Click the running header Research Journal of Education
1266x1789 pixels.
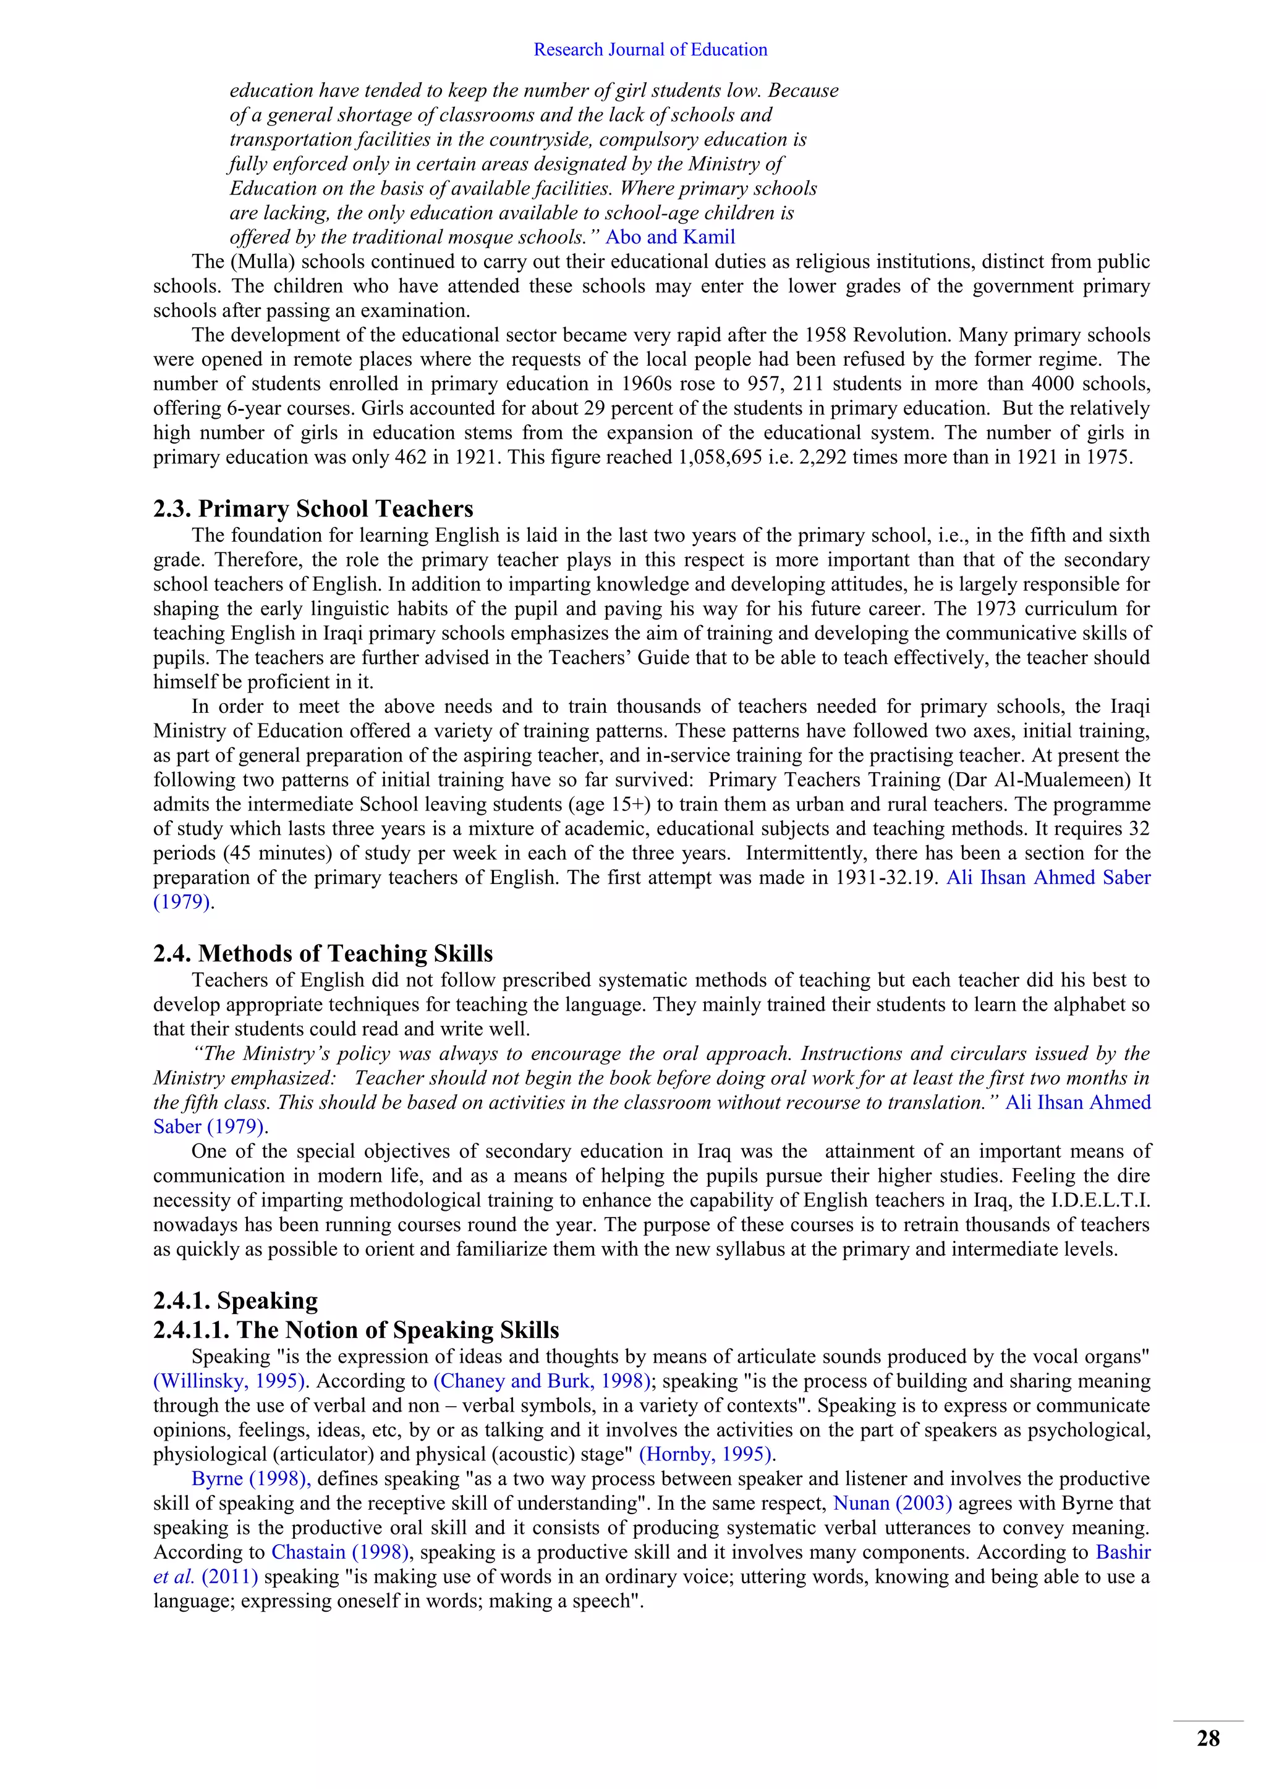coord(650,50)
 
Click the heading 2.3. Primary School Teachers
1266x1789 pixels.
coord(313,509)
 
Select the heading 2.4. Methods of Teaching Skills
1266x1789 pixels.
coord(323,954)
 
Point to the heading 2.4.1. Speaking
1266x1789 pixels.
coord(236,1300)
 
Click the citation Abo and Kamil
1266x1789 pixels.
coord(669,237)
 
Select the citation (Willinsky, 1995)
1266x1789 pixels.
coord(230,1381)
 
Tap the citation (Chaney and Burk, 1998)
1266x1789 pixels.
coord(542,1381)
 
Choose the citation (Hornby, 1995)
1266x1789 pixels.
coord(707,1454)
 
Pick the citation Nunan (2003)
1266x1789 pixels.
coord(893,1503)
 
